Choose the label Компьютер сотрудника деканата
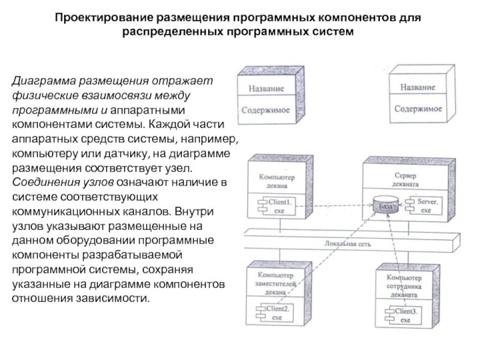(404, 284)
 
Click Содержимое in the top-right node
(418, 109)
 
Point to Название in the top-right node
(418, 87)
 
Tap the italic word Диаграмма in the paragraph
(40, 80)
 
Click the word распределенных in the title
(173, 31)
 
